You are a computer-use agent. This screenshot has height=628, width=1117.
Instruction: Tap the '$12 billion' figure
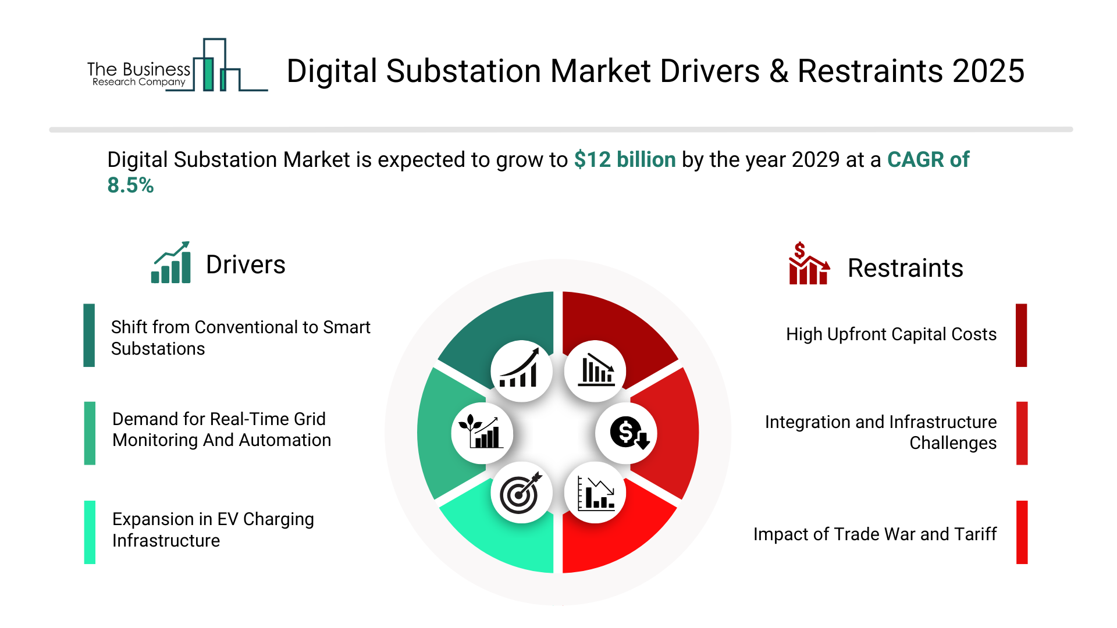(x=624, y=159)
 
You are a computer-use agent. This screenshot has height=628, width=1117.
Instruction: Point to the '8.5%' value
(x=130, y=185)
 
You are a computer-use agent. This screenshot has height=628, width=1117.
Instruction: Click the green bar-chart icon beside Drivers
(x=171, y=263)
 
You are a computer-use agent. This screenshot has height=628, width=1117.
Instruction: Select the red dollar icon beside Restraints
(x=808, y=264)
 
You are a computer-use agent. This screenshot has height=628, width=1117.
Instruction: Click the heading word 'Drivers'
(x=246, y=265)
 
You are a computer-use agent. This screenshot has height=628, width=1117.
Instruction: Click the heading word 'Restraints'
(x=905, y=268)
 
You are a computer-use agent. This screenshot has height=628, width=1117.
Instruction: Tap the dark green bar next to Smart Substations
(x=89, y=335)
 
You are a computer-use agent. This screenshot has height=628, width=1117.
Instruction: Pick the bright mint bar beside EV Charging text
(x=90, y=532)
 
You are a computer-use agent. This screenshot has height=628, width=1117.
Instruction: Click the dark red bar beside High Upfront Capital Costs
(x=1021, y=335)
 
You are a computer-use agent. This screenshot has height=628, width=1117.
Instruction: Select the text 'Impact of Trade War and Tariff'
(x=874, y=534)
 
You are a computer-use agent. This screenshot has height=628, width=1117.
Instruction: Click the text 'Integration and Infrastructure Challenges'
(x=880, y=432)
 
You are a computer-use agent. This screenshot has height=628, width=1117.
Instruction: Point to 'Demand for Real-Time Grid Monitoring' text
(x=221, y=430)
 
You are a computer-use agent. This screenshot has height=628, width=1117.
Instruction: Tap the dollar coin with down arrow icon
(x=627, y=433)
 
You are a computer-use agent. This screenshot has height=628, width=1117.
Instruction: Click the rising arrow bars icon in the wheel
(x=521, y=371)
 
